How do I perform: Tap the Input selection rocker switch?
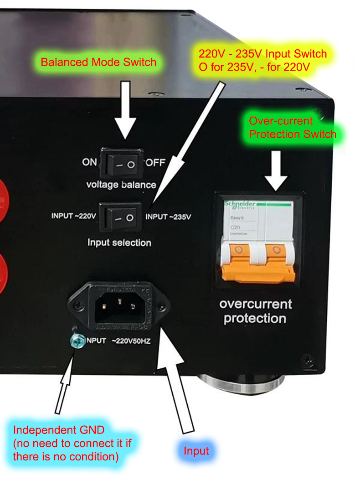click(x=124, y=217)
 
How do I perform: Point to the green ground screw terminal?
click(x=77, y=340)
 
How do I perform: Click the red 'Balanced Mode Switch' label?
click(x=98, y=62)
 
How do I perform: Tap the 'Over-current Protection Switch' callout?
click(x=292, y=128)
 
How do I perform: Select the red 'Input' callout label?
click(x=196, y=451)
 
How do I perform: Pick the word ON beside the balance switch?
click(x=90, y=162)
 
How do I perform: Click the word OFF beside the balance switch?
click(x=155, y=162)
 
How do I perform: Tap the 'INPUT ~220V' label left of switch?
click(x=74, y=216)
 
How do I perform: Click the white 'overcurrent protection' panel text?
click(x=255, y=311)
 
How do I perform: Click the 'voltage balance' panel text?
click(x=121, y=185)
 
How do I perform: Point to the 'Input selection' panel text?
click(x=119, y=243)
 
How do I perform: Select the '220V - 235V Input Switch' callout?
click(x=262, y=60)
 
